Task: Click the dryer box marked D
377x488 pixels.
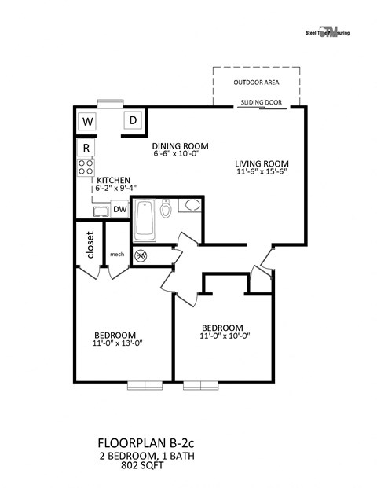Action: [134, 121]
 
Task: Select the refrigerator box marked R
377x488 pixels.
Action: [86, 148]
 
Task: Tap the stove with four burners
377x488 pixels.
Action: [85, 167]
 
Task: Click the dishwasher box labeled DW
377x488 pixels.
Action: [119, 208]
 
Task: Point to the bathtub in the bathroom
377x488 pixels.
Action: [145, 222]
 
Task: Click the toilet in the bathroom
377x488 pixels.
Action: [166, 209]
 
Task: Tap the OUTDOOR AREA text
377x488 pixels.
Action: [256, 83]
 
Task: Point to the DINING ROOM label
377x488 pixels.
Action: [180, 145]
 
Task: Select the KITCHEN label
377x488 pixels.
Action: [113, 181]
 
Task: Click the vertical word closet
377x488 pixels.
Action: [90, 244]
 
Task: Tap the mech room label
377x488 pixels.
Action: [117, 254]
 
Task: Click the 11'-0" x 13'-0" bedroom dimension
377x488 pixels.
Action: [118, 343]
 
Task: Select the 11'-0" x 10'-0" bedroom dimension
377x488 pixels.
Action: [225, 336]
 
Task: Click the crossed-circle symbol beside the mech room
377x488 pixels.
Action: [142, 255]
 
